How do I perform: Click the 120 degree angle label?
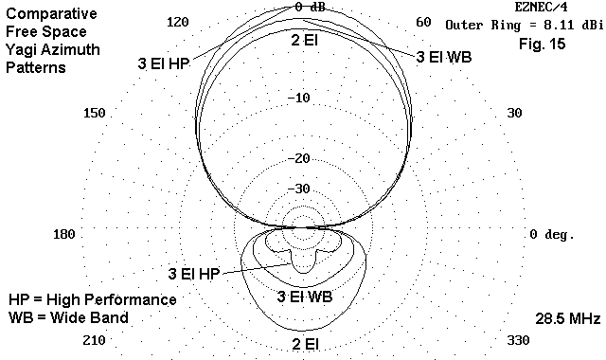pos(177,22)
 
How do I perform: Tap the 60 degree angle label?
pos(423,22)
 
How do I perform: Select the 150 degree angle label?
pos(95,113)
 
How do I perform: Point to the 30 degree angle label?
pos(514,113)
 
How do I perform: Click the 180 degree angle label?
pos(64,234)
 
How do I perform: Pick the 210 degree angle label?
pos(95,341)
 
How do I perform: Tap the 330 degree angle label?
pos(518,341)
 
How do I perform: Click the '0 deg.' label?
pos(552,234)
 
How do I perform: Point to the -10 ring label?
pos(299,98)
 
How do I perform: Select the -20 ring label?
pos(299,158)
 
